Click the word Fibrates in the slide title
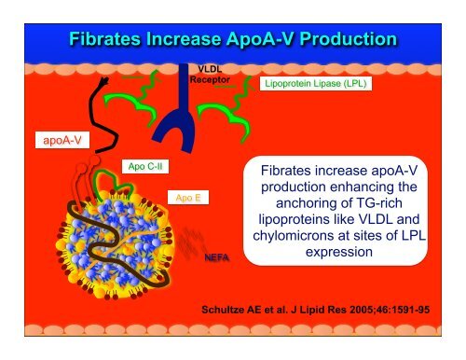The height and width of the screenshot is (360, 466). click(104, 40)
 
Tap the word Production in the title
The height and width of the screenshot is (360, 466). click(338, 40)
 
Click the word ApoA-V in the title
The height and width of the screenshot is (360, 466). click(240, 40)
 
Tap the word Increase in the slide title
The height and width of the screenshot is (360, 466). click(173, 40)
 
